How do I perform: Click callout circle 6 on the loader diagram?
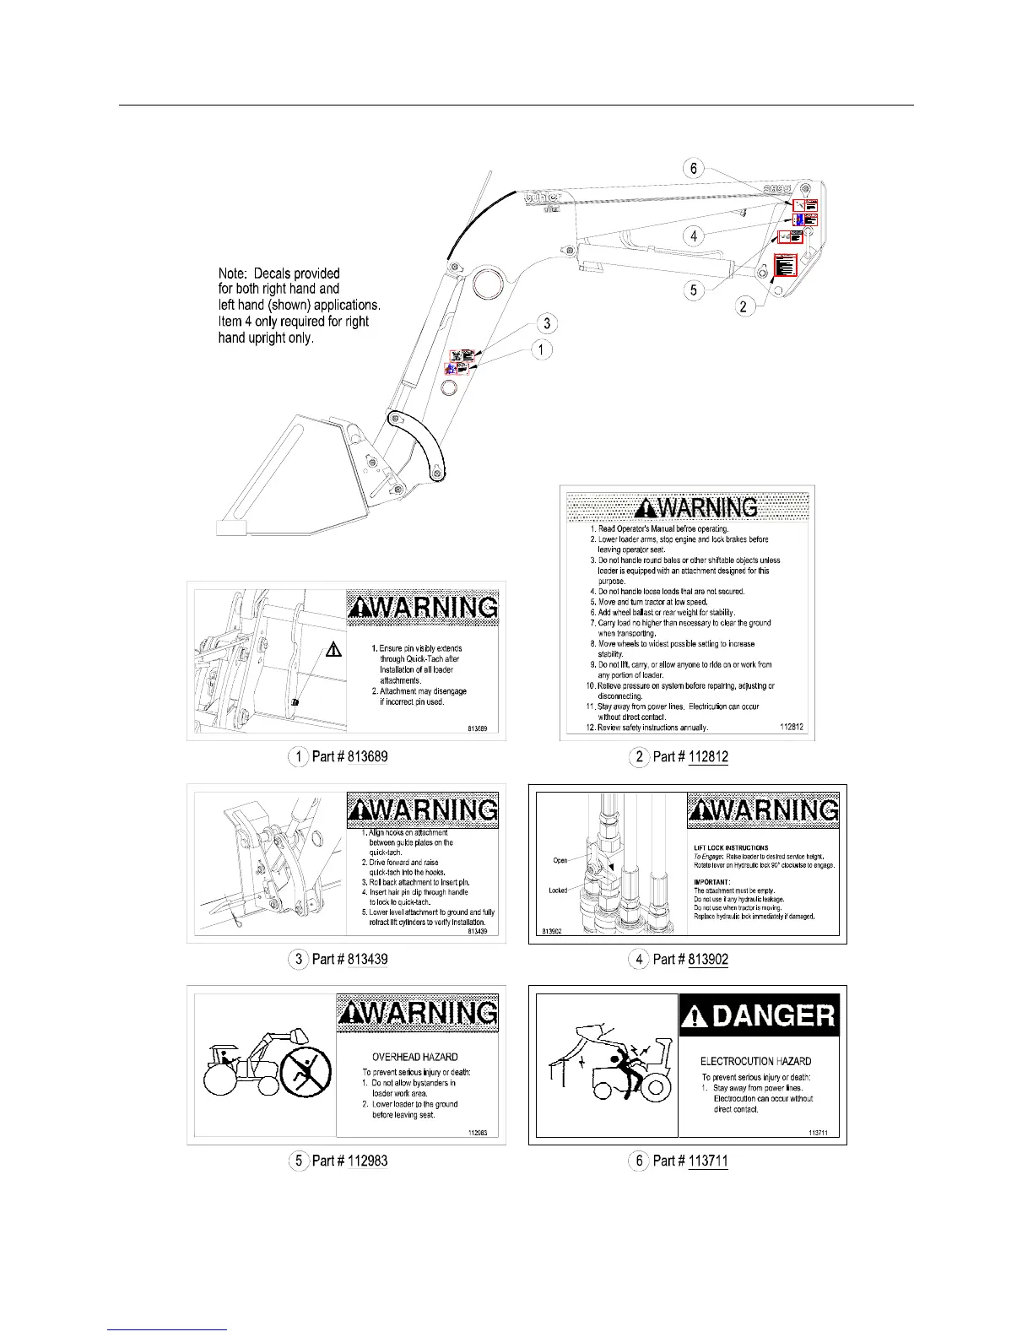click(694, 169)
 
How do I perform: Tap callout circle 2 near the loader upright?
click(744, 306)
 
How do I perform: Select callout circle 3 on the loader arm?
click(547, 323)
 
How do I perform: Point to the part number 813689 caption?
click(367, 756)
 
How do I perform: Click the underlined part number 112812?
click(708, 756)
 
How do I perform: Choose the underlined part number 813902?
click(708, 959)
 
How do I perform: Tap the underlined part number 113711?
click(708, 1161)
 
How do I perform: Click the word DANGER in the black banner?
click(773, 1015)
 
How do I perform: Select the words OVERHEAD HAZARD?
click(415, 1057)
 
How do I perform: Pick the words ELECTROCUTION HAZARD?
click(755, 1061)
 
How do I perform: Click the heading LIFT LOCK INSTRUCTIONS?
click(731, 847)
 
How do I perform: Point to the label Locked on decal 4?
click(558, 890)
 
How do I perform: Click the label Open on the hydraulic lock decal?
click(560, 860)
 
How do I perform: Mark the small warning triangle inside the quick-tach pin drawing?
click(333, 649)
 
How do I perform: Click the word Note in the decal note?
click(233, 273)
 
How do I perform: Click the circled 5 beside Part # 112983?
click(299, 1161)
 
